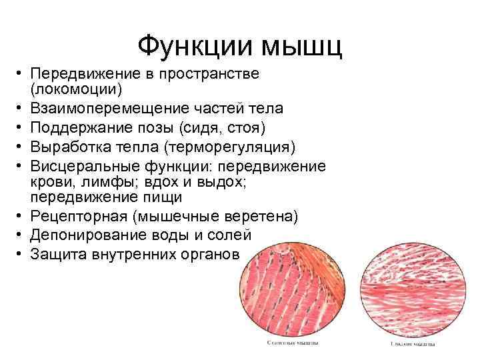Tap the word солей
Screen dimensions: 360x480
[x=230, y=235]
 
